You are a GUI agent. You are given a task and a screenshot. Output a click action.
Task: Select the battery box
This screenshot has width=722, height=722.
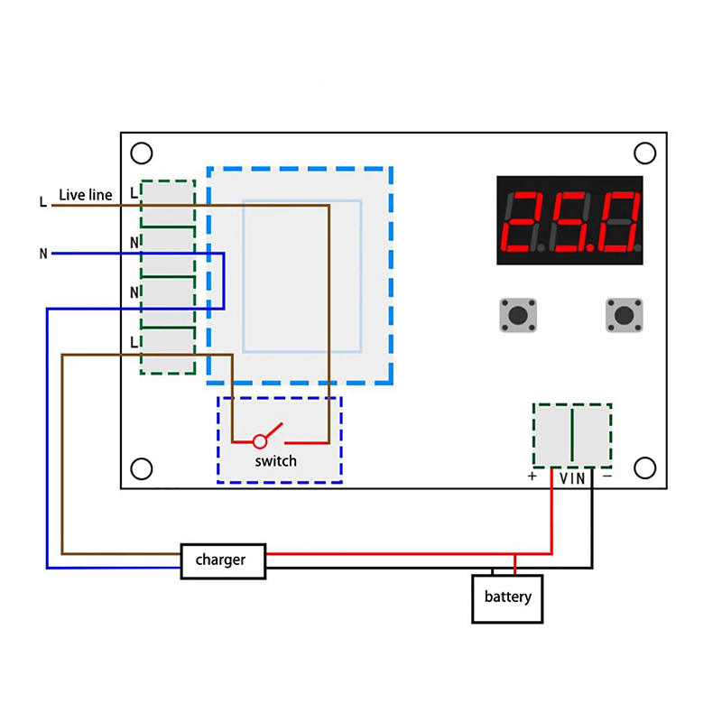click(508, 597)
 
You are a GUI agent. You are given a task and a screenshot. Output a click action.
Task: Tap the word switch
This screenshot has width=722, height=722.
click(275, 461)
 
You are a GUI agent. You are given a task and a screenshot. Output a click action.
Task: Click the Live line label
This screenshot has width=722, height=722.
click(86, 195)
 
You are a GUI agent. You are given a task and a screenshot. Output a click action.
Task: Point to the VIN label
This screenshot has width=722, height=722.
click(572, 477)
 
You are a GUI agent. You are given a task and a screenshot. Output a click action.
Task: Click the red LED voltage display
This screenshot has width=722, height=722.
click(569, 220)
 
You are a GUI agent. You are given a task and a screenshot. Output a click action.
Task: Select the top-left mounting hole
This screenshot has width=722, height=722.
click(141, 153)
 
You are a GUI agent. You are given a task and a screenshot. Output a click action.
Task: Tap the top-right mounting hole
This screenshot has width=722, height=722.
click(644, 153)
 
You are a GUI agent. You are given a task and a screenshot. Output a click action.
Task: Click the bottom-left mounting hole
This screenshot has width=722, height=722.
click(141, 468)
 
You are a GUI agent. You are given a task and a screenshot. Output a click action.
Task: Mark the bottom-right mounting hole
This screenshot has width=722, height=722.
click(644, 467)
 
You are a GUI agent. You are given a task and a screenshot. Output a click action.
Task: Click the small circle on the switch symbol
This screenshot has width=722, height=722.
click(260, 441)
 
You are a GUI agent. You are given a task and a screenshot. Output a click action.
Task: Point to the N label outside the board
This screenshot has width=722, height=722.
click(42, 254)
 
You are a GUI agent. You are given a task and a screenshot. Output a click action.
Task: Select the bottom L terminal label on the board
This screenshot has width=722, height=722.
click(134, 341)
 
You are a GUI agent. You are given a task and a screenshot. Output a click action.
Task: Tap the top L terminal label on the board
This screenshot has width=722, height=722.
click(134, 192)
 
